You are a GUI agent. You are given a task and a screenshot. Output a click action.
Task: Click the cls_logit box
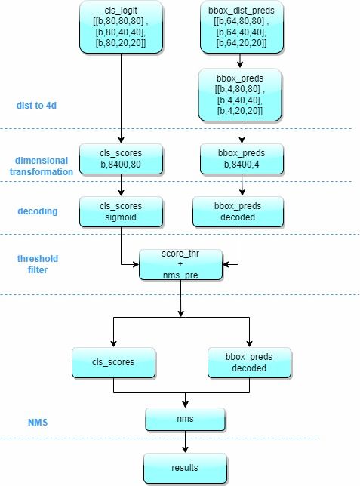(121, 28)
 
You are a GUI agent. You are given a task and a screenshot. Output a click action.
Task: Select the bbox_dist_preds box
(242, 28)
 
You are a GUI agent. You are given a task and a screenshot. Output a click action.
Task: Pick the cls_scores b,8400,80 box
(121, 161)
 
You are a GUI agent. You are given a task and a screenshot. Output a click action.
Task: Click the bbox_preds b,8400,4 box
(242, 161)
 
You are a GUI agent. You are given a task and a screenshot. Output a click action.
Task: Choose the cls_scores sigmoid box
(121, 211)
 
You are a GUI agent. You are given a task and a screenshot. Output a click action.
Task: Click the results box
(184, 468)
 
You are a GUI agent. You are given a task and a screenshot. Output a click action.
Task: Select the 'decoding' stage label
(38, 211)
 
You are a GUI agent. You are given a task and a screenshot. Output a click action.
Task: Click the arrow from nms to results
(184, 441)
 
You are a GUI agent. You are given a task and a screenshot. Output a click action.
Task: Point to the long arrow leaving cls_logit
(121, 98)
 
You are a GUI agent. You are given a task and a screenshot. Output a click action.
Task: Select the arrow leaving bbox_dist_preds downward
(242, 60)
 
